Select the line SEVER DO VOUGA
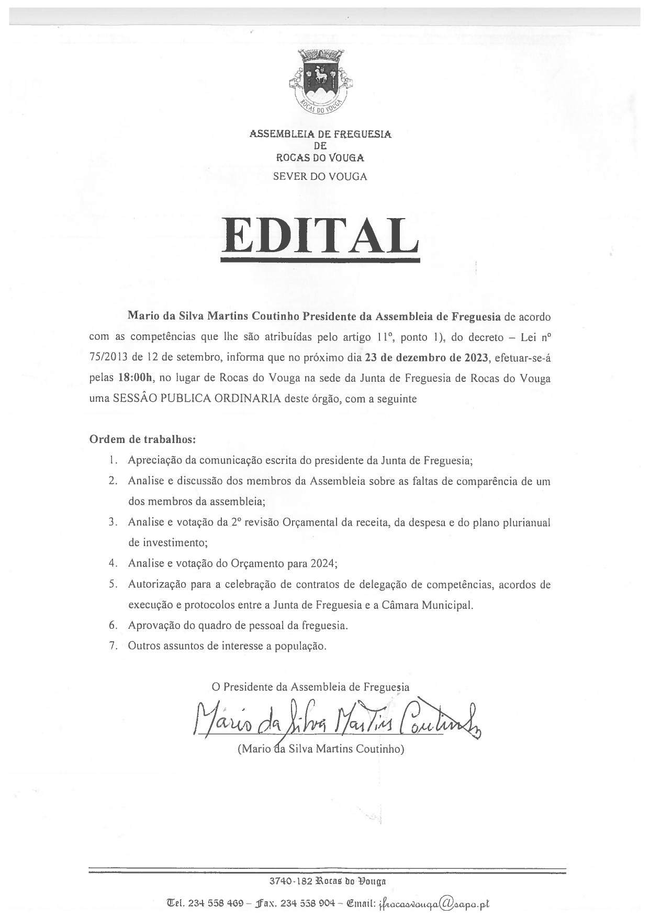(x=320, y=177)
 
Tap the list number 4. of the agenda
(x=113, y=563)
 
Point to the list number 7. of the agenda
(x=113, y=645)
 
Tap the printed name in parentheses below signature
(x=321, y=749)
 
